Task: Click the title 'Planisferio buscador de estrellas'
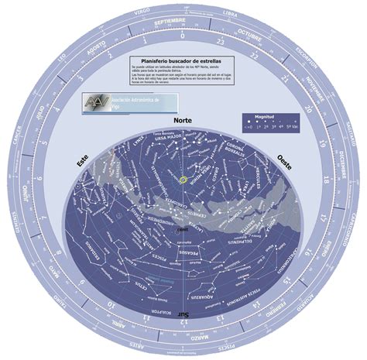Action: pos(182,60)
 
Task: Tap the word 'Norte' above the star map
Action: pos(183,122)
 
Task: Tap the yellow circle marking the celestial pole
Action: pos(183,180)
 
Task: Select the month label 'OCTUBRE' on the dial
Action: pos(249,37)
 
